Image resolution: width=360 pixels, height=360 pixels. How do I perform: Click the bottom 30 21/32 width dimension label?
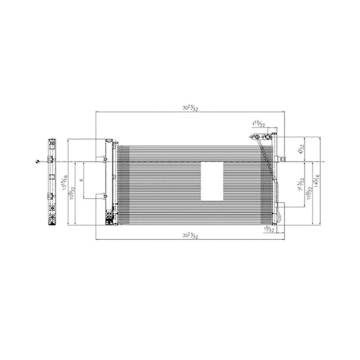click(190, 235)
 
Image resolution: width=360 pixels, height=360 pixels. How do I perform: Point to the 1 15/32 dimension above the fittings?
click(258, 124)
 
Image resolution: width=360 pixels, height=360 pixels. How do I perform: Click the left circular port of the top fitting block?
click(256, 136)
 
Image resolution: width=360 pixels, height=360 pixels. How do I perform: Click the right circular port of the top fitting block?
click(267, 136)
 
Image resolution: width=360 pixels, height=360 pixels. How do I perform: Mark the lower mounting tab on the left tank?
click(104, 195)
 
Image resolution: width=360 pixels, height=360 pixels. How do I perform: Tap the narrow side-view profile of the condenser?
click(52, 182)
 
